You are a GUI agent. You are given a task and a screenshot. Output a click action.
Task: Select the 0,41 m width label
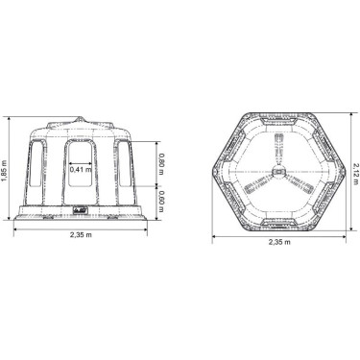coord(82,170)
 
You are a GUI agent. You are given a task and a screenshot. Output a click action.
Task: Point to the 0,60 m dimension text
coord(162,200)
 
